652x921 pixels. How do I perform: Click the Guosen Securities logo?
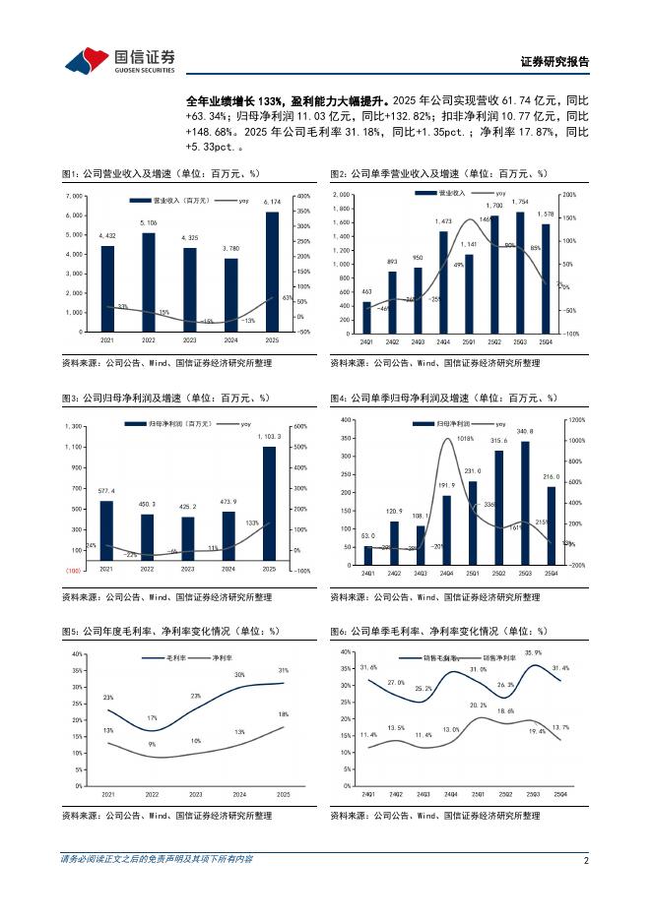[x=120, y=60]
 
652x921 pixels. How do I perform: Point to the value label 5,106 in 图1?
[x=149, y=224]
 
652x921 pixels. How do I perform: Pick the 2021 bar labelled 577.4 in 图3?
[x=106, y=530]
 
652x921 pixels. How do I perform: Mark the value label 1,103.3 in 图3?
[x=269, y=437]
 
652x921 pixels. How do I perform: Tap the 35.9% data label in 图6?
[x=533, y=653]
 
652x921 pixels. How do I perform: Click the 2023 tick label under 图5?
[x=195, y=794]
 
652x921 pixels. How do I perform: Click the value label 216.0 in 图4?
[x=553, y=476]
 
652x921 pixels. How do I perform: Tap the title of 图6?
[x=437, y=630]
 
